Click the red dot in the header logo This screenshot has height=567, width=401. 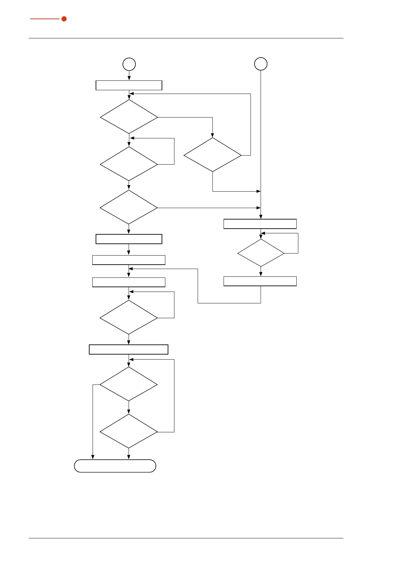click(64, 19)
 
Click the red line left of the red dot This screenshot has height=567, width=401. click(45, 19)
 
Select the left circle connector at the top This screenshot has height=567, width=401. click(129, 64)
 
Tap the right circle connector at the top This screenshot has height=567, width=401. click(261, 64)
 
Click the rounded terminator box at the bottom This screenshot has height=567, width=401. click(115, 466)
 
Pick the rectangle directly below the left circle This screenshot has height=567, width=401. click(129, 86)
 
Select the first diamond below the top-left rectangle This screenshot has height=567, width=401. click(129, 117)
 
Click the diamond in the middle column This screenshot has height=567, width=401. click(212, 155)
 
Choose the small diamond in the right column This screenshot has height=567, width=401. click(261, 253)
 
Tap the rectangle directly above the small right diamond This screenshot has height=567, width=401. click(260, 224)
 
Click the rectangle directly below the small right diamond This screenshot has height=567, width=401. click(260, 281)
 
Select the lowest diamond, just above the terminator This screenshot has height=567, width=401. click(129, 431)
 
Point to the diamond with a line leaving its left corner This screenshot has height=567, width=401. click(129, 384)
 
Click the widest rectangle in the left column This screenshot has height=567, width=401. click(129, 349)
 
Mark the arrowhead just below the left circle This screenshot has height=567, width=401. click(129, 78)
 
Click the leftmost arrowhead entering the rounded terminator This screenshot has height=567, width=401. click(93, 457)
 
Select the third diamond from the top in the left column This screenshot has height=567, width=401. click(129, 207)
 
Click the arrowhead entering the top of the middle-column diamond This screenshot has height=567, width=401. click(212, 135)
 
